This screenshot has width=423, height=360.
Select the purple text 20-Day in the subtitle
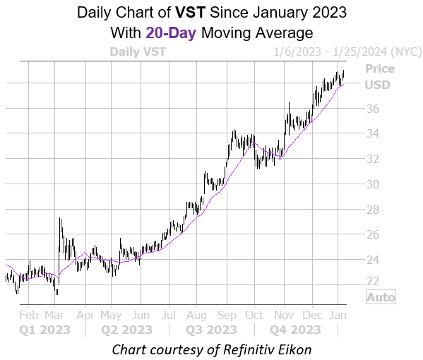(x=168, y=32)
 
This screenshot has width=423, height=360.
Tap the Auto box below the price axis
(x=381, y=297)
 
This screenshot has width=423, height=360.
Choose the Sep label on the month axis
(x=227, y=316)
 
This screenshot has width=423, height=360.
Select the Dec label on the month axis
(x=311, y=316)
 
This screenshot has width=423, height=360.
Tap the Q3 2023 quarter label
(x=212, y=330)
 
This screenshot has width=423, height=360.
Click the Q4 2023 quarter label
(x=297, y=330)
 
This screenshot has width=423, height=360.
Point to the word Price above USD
(x=380, y=69)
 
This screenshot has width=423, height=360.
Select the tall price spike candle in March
(x=60, y=229)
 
